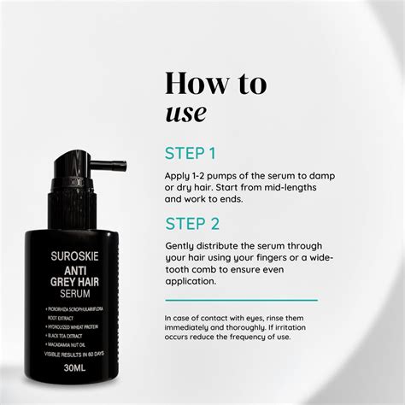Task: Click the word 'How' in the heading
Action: click(191, 84)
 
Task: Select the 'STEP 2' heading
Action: click(192, 225)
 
